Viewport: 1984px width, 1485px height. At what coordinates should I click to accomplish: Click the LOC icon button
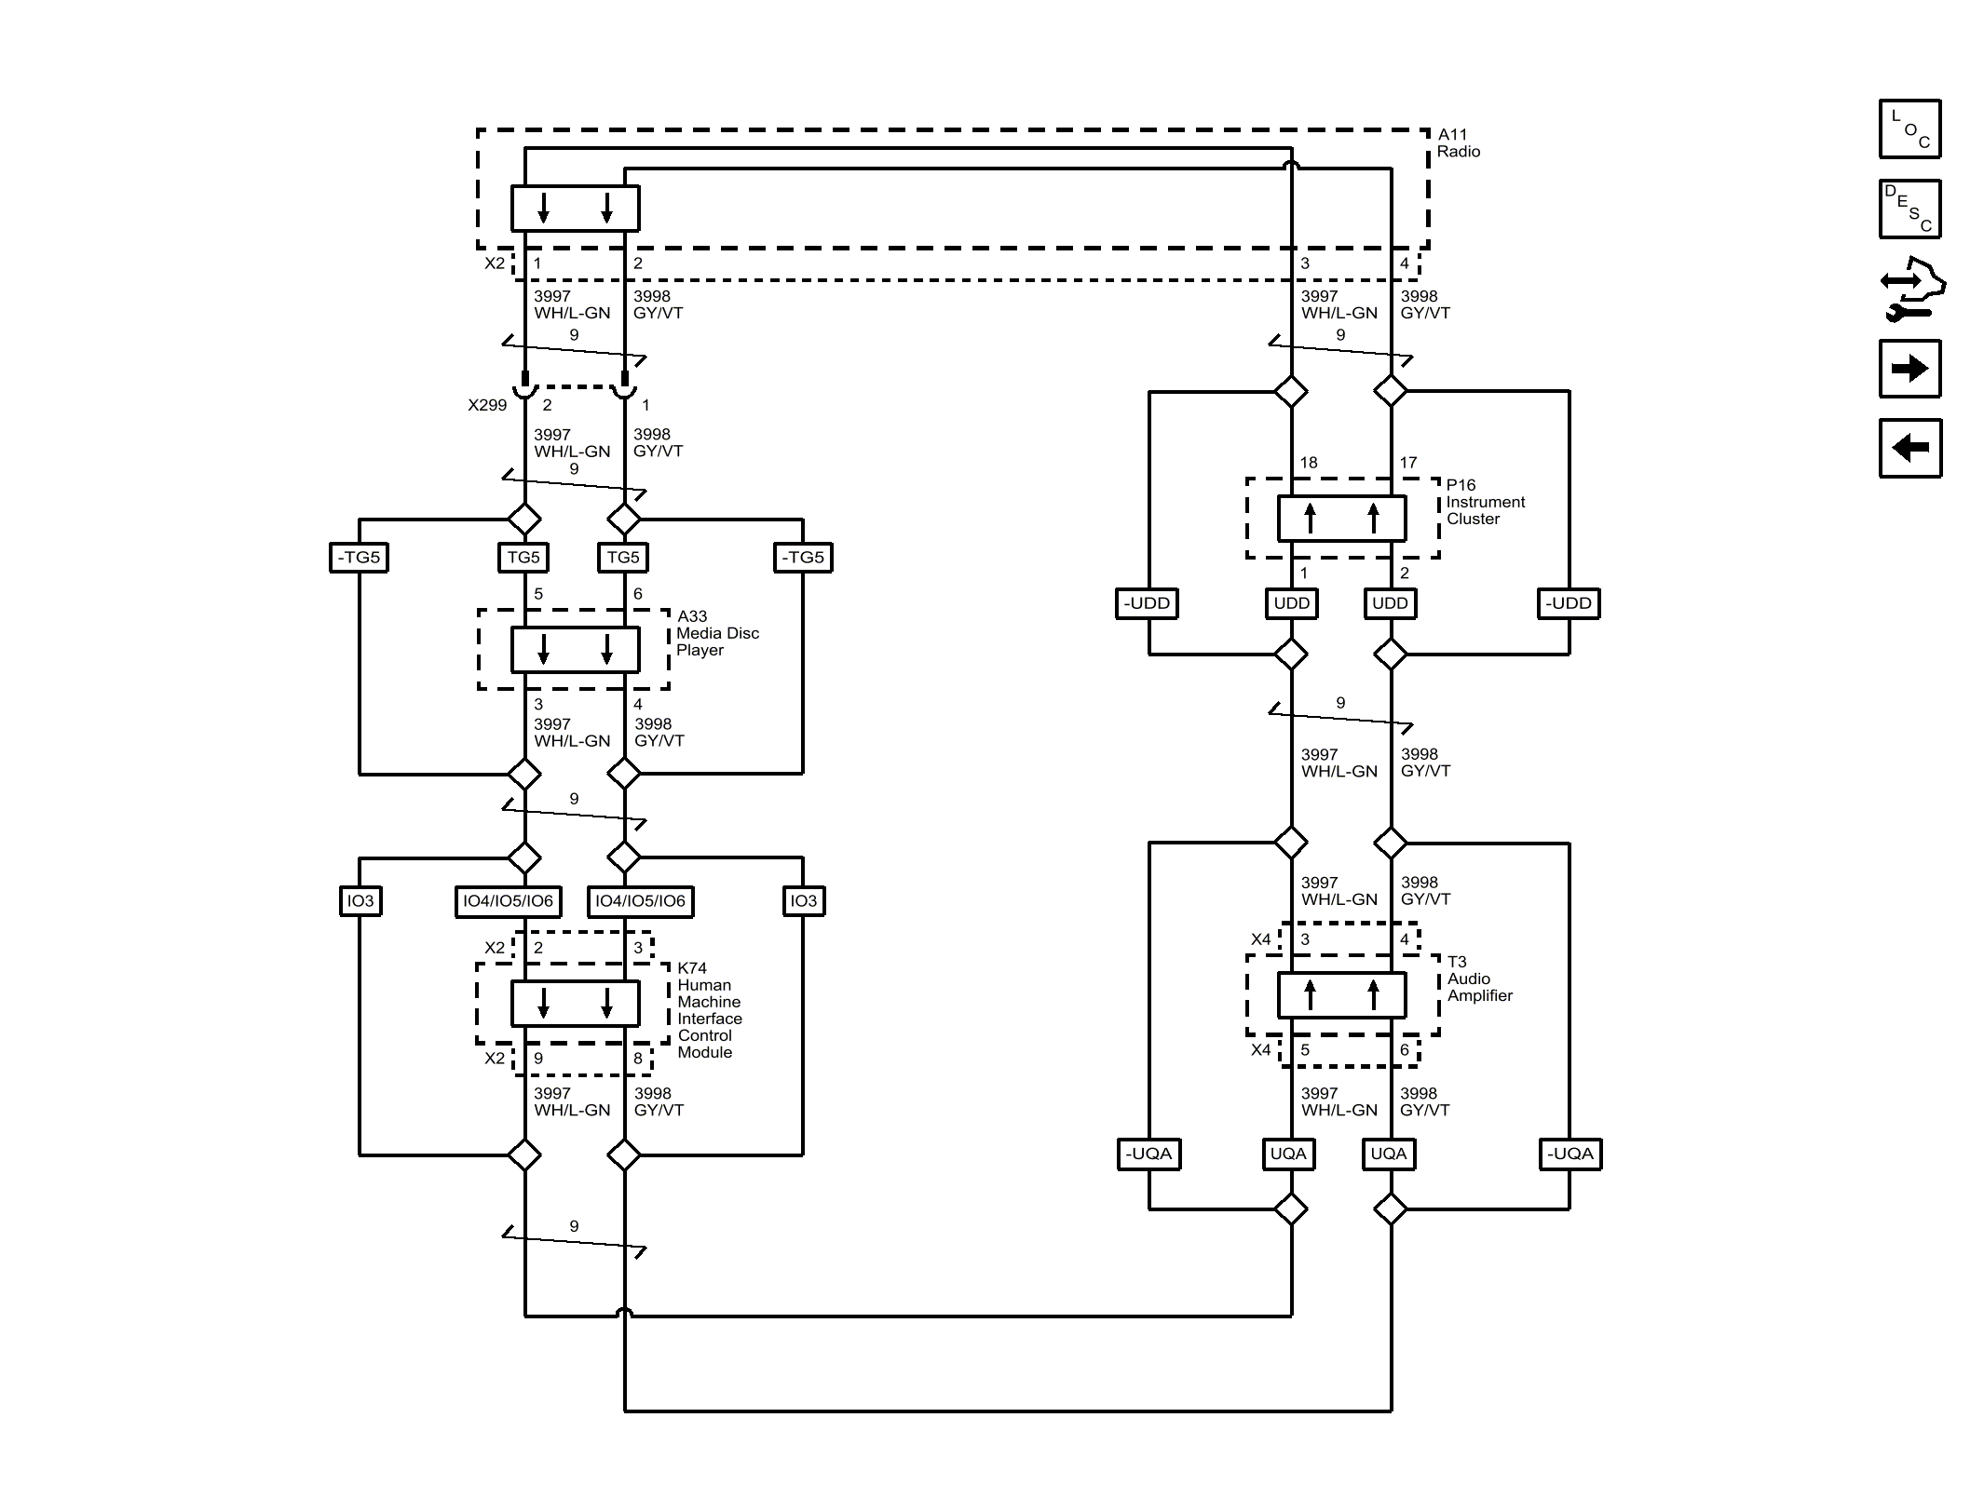coord(1909,128)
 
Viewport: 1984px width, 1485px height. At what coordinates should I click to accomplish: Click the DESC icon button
coord(1909,209)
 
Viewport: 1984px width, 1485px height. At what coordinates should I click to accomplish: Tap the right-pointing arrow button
coord(1909,369)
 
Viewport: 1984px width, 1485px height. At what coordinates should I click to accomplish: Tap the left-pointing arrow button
coord(1909,448)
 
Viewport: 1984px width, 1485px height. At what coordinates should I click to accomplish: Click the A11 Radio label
coord(1458,143)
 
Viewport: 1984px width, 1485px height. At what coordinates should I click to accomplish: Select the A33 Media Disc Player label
coord(716,633)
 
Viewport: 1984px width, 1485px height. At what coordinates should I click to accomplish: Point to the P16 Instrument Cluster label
coord(1484,502)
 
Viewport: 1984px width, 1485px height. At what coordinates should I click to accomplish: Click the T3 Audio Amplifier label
coord(1478,979)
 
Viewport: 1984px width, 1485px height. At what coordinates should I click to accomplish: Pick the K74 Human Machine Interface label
coord(709,1010)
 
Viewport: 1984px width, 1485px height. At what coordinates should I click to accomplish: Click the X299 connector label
coord(487,405)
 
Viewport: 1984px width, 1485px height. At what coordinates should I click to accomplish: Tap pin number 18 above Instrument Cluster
coord(1308,463)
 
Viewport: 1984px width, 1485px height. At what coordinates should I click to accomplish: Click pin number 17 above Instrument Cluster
coord(1407,463)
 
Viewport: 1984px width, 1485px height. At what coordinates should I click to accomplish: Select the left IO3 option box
coord(360,900)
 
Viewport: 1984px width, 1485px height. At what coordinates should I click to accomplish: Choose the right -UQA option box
coord(1570,1154)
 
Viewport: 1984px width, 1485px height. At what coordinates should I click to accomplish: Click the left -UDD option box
coord(1147,603)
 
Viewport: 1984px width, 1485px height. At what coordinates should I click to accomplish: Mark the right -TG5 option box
coord(803,558)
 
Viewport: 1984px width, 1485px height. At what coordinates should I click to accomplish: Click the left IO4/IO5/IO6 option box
coord(508,900)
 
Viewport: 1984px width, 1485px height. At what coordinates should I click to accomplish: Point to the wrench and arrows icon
coord(1910,290)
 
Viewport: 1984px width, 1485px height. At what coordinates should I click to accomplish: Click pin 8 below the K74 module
coord(638,1059)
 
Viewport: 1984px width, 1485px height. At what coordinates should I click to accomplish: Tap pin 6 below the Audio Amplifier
coord(1405,1050)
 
